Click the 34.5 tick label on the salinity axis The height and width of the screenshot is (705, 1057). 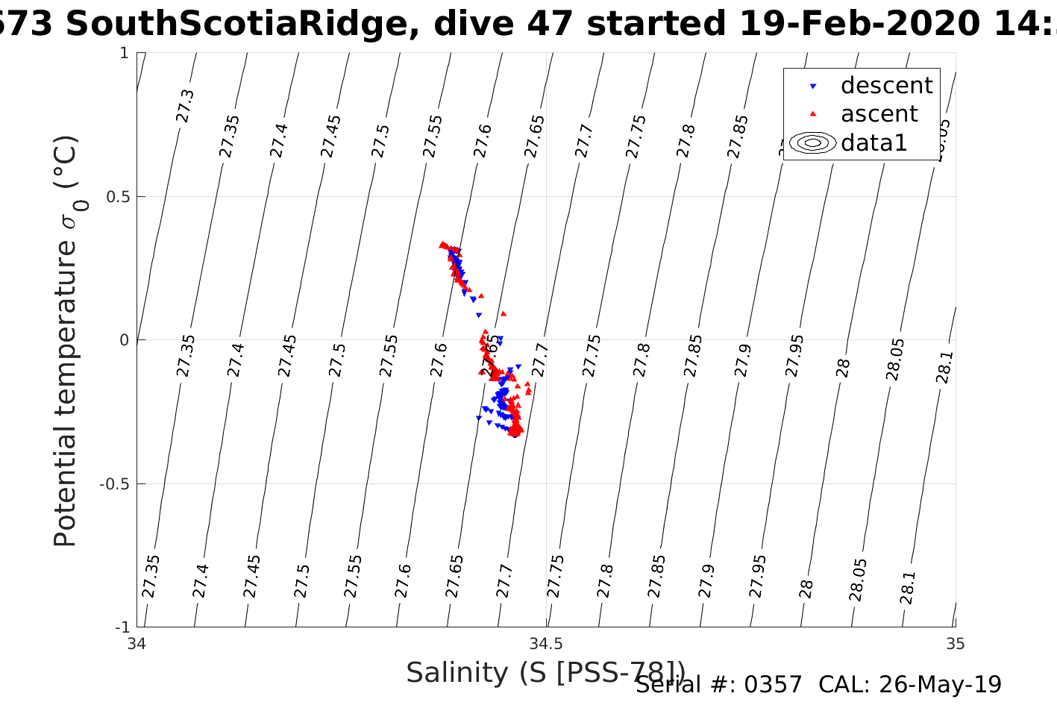tap(546, 643)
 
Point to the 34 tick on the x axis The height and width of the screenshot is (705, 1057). tap(137, 643)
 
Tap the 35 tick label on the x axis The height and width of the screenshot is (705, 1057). tap(955, 643)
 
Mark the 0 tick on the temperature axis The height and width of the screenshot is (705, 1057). tap(124, 340)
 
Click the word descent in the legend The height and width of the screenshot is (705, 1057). tap(886, 86)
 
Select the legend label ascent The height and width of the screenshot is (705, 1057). tap(879, 114)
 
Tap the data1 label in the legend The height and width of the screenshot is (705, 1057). tap(873, 142)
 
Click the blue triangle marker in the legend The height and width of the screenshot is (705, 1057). tap(813, 87)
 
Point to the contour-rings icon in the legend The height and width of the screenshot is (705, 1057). tap(813, 142)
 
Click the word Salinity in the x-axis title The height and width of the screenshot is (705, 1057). tap(457, 673)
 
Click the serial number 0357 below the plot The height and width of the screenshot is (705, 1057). tap(773, 684)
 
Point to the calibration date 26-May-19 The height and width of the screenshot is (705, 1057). tap(940, 684)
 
